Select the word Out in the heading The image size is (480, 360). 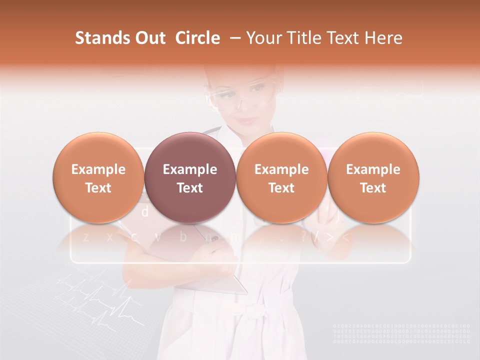pos(149,38)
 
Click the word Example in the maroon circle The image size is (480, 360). pos(189,169)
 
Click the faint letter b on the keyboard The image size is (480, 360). pos(183,236)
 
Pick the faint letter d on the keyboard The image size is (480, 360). pos(145,212)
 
